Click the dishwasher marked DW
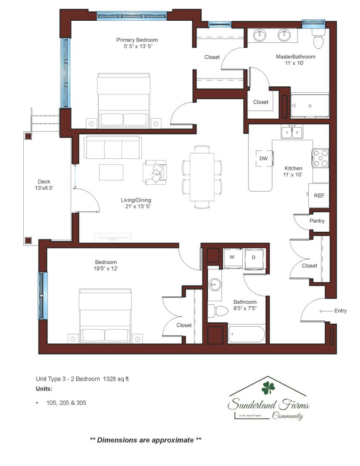[x=264, y=158]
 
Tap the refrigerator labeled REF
[x=319, y=195]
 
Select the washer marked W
[x=232, y=258]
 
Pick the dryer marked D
[x=254, y=258]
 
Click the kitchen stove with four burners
[x=320, y=158]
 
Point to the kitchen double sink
[x=292, y=131]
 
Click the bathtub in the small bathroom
[x=246, y=334]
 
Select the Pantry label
[x=317, y=221]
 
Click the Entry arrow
[x=326, y=311]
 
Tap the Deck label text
[x=44, y=182]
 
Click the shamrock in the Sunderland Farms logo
[x=268, y=388]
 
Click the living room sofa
[x=112, y=147]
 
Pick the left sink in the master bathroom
[x=260, y=35]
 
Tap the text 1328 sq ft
[x=116, y=379]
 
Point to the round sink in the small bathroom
[x=214, y=285]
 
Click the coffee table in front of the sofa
[x=111, y=172]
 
